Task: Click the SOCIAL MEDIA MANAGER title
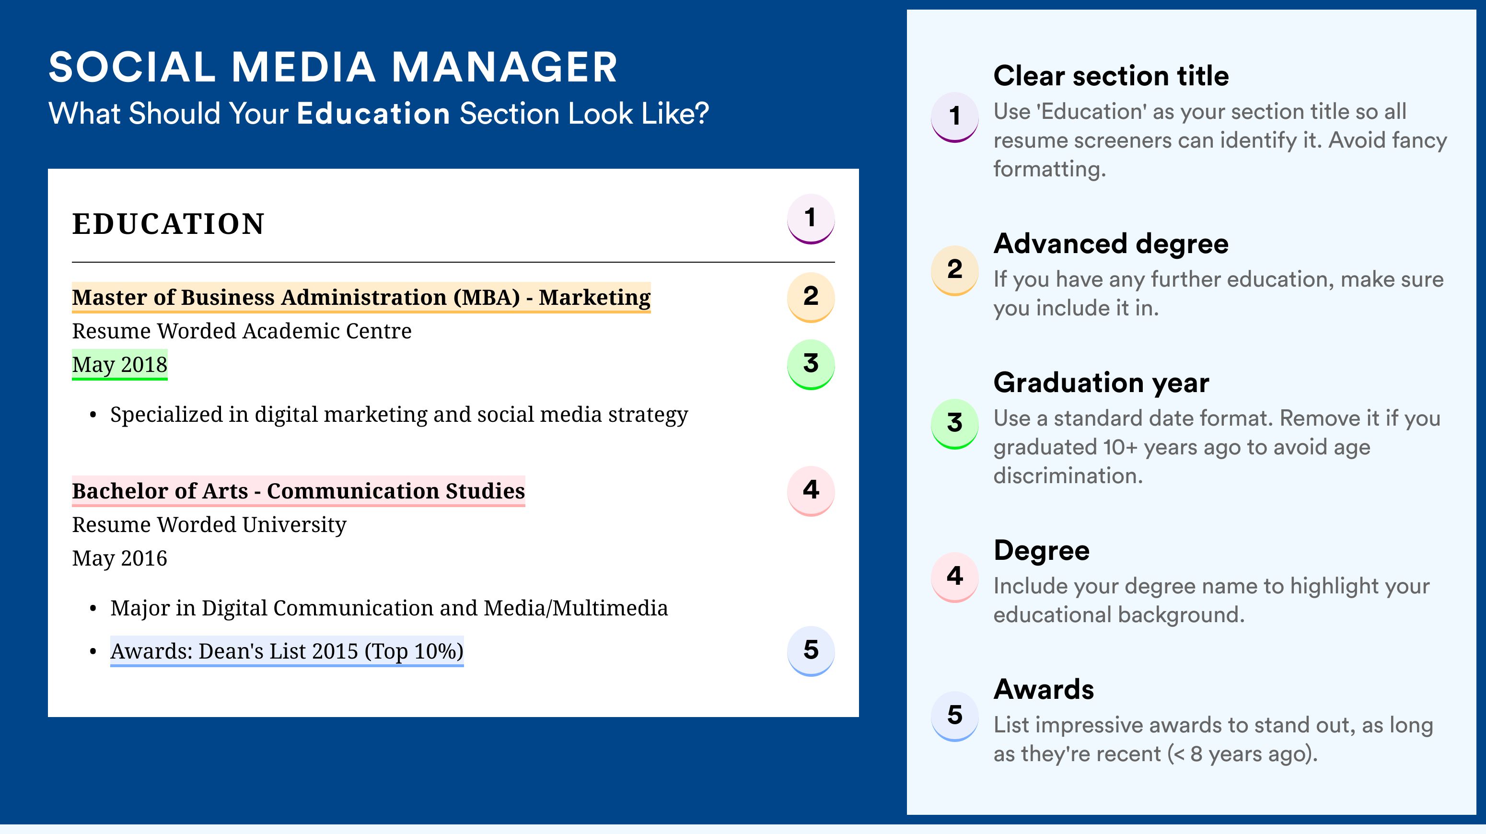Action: [333, 67]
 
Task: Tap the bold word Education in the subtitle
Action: [373, 113]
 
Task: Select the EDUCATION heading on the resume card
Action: [168, 224]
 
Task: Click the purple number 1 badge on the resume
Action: [811, 219]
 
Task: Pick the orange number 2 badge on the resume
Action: [811, 297]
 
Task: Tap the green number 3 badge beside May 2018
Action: [811, 364]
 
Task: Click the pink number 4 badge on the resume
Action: [811, 490]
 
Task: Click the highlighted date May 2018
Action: [119, 364]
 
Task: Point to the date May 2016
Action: [119, 558]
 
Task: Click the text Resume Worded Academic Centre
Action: [242, 331]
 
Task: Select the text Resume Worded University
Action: [209, 525]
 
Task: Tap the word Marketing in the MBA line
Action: [594, 298]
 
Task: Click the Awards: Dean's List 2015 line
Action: [287, 651]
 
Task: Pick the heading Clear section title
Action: [1111, 76]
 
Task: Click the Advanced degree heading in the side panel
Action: [1111, 243]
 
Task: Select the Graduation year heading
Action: [1101, 382]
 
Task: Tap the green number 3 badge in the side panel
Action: [955, 423]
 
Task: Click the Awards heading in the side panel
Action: [1044, 689]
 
